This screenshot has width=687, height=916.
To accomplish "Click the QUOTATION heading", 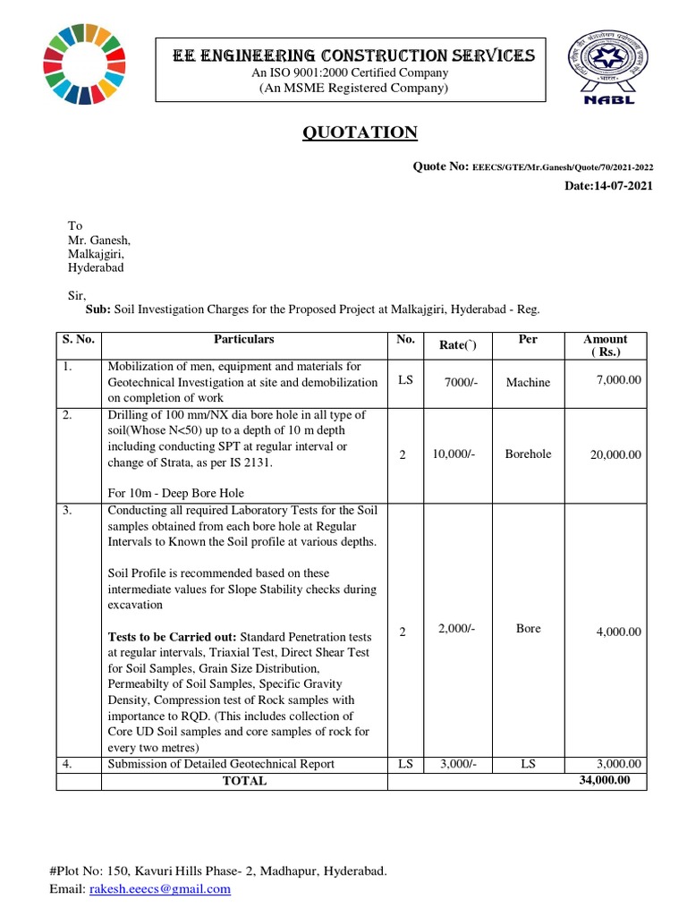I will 358,133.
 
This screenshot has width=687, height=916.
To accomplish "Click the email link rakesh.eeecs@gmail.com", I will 159,889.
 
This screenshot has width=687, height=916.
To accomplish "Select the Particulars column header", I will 243,340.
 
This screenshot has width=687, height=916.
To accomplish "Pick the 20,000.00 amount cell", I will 615,454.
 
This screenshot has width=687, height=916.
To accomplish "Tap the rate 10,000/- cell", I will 454,454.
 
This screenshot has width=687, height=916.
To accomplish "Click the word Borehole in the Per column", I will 528,454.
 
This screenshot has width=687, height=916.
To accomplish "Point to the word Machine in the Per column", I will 528,382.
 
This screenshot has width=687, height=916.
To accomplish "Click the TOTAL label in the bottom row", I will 244,781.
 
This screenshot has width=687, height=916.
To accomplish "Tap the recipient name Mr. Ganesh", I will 99,240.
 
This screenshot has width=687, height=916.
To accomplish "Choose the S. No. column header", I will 79,340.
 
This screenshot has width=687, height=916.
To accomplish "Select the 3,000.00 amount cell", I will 618,764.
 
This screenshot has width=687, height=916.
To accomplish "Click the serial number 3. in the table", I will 68,510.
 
